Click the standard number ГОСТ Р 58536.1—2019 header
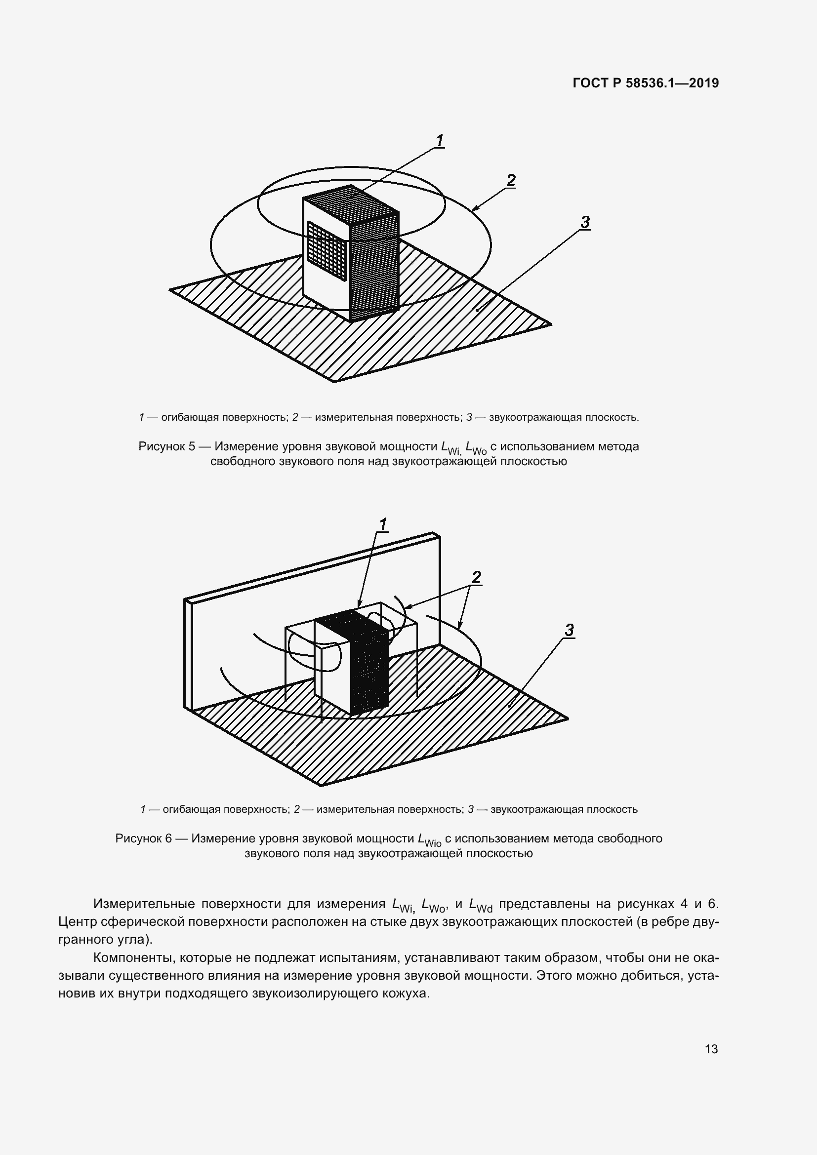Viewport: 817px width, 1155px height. pos(646,83)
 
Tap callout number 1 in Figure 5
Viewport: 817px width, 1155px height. pos(439,140)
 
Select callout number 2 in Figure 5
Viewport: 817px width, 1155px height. pos(511,180)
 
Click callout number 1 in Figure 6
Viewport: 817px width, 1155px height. pos(383,524)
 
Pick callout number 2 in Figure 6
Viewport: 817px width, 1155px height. pos(476,578)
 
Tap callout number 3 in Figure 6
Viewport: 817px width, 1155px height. pos(569,630)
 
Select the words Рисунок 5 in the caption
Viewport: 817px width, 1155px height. pos(166,446)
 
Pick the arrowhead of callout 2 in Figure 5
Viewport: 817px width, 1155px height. pos(474,208)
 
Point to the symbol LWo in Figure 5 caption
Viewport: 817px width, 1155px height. pos(476,448)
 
